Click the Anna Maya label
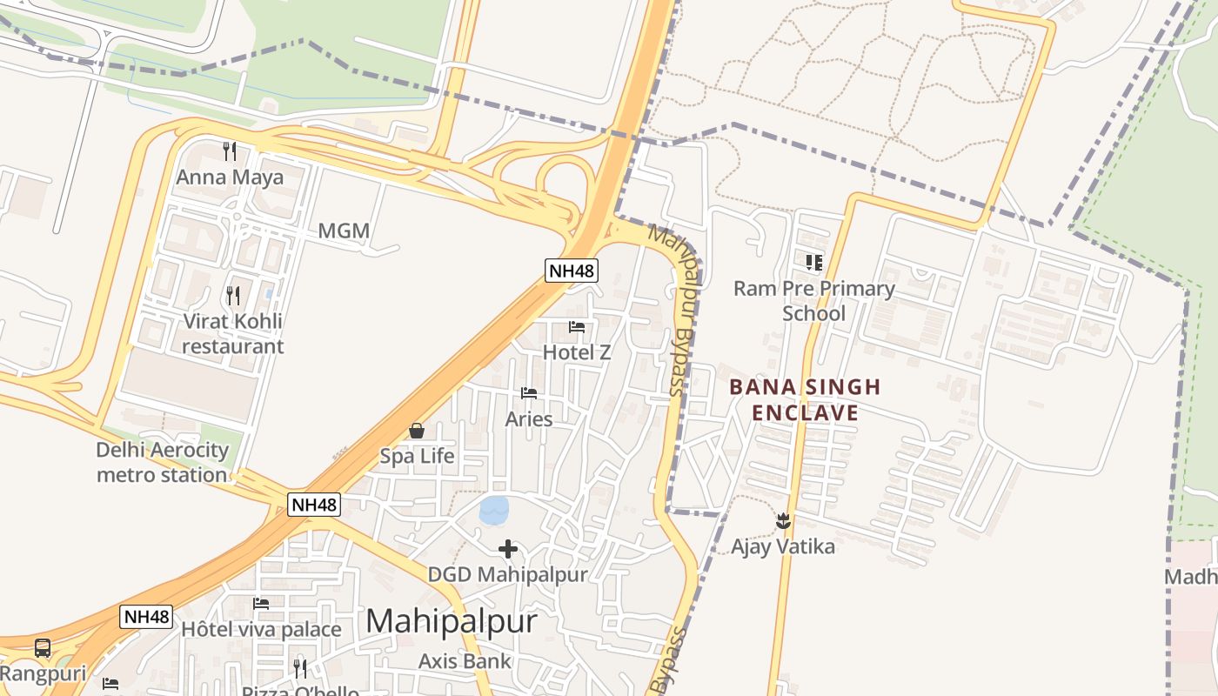pyautogui.click(x=230, y=177)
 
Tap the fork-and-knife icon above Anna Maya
pyautogui.click(x=230, y=151)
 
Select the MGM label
pyautogui.click(x=344, y=231)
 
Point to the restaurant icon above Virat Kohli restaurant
pyautogui.click(x=232, y=296)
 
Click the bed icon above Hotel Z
pyautogui.click(x=577, y=327)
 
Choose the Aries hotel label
pyautogui.click(x=529, y=418)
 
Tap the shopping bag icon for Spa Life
pyautogui.click(x=417, y=431)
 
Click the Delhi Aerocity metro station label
pyautogui.click(x=162, y=463)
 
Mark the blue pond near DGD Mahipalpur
pyautogui.click(x=494, y=510)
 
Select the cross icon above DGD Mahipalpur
pyautogui.click(x=508, y=549)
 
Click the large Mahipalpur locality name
pyautogui.click(x=452, y=621)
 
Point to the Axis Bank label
pyautogui.click(x=465, y=661)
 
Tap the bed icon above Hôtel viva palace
pyautogui.click(x=261, y=604)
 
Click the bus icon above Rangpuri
pyautogui.click(x=42, y=648)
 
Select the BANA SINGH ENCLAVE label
pyautogui.click(x=805, y=399)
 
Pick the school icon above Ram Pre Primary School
pyautogui.click(x=814, y=262)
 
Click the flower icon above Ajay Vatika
pyautogui.click(x=783, y=521)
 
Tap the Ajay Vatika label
pyautogui.click(x=783, y=547)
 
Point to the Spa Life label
pyautogui.click(x=417, y=456)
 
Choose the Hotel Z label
pyautogui.click(x=577, y=352)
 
